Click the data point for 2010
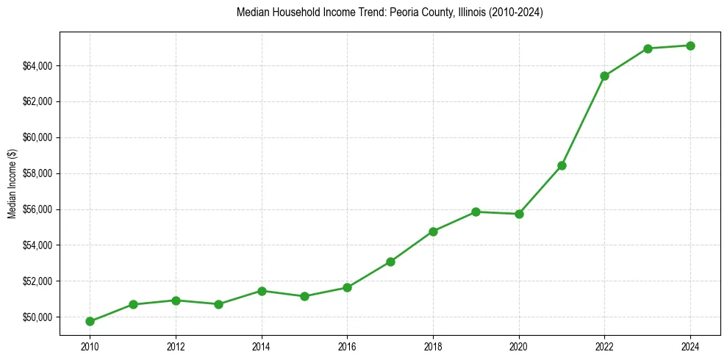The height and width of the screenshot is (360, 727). [x=90, y=321]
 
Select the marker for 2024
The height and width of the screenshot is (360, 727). [x=690, y=46]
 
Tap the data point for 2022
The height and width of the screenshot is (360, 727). [x=604, y=76]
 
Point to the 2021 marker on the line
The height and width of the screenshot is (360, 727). [x=562, y=165]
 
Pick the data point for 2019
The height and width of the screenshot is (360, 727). [x=476, y=212]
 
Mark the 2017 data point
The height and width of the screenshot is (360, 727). [x=390, y=262]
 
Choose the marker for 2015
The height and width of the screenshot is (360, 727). [x=304, y=296]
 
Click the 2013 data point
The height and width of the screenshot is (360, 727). [x=218, y=304]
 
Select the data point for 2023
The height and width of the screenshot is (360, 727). [x=648, y=48]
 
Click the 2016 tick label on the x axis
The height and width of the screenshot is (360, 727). [x=347, y=345]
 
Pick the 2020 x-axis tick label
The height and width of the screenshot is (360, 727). [x=519, y=345]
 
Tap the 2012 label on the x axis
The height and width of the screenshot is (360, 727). [x=176, y=345]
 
